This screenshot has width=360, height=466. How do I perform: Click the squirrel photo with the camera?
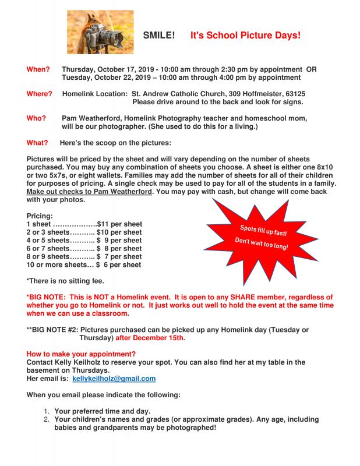[100, 32]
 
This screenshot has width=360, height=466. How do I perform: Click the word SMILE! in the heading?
[158, 36]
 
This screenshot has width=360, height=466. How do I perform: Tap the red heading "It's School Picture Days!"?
[245, 36]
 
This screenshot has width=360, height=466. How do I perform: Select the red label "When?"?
[38, 69]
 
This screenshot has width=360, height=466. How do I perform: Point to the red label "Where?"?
[40, 94]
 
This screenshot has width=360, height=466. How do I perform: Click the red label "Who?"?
[37, 118]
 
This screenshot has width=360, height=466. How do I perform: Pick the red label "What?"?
[37, 143]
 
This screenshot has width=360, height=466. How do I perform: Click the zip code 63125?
[294, 94]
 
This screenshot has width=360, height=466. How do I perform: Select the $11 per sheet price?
[119, 224]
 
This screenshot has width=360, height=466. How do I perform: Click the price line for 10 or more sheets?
[84, 264]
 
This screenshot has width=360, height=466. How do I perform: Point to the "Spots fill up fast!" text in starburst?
[263, 230]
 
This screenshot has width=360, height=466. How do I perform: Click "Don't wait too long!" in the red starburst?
[261, 244]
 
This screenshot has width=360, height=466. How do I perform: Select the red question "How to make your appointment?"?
[81, 354]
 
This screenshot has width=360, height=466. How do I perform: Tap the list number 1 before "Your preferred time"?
[47, 411]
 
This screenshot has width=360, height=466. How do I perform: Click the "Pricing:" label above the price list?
[40, 216]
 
